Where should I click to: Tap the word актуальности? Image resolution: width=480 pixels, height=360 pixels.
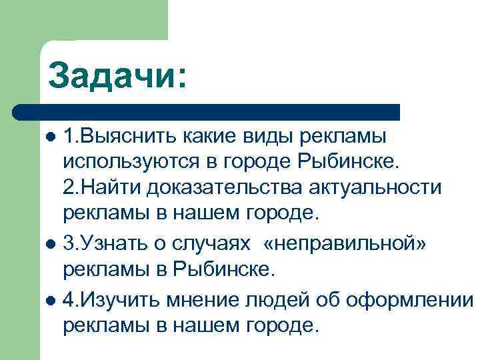pos(375,187)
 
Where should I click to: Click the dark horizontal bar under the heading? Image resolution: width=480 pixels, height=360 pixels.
pos(207,111)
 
